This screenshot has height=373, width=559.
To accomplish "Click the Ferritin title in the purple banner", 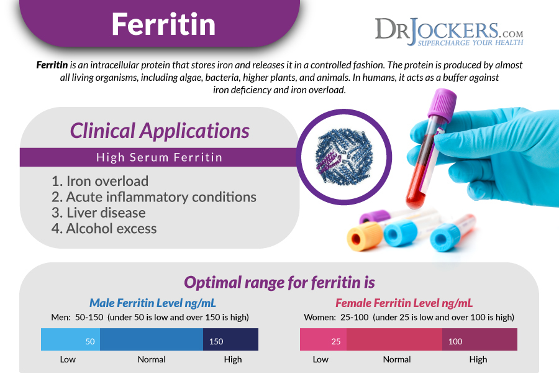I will [163, 24].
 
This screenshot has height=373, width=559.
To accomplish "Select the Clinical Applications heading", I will [160, 131].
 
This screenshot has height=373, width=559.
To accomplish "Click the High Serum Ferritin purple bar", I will [160, 157].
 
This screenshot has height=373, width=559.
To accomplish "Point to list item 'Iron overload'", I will [100, 181].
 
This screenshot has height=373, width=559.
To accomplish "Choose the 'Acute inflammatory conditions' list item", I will [153, 197].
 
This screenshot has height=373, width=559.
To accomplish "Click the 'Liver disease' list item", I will [98, 213].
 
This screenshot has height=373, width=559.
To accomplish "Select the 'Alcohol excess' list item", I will [104, 228].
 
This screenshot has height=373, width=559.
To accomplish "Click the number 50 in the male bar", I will [90, 341].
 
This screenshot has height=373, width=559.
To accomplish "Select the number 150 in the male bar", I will [216, 341].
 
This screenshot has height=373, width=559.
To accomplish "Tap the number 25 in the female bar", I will [336, 341].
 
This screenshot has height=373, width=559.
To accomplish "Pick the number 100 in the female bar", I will [455, 341].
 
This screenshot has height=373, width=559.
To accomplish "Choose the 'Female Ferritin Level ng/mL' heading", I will [404, 303].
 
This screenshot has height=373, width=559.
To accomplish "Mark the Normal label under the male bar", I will [152, 359].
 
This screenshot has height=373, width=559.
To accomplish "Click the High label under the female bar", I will [478, 359].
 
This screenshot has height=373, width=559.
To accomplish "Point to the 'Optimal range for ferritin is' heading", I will [279, 282].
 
